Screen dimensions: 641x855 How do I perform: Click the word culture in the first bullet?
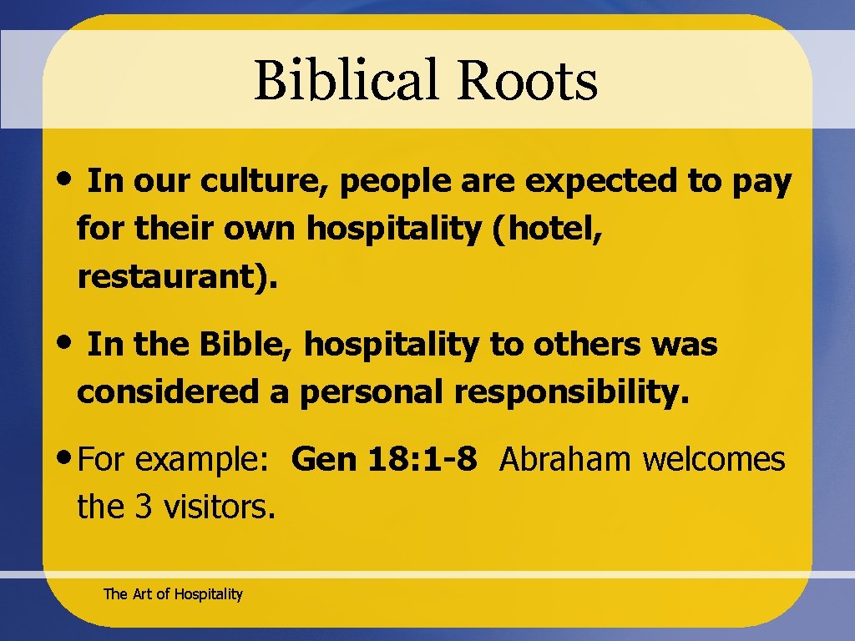(265, 182)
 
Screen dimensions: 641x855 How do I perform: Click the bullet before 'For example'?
(66, 457)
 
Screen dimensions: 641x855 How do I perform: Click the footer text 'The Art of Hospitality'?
(173, 594)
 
